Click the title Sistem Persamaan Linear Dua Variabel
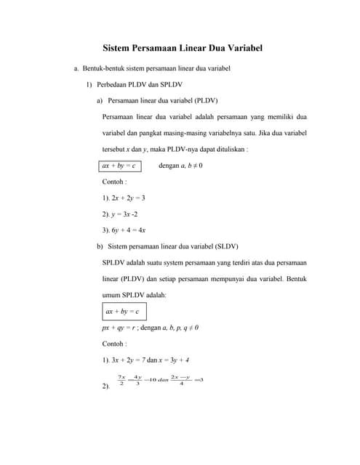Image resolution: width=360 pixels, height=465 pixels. [x=181, y=49]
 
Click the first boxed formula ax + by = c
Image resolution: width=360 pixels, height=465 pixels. [x=119, y=166]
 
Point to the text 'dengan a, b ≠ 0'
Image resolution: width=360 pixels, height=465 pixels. [x=180, y=166]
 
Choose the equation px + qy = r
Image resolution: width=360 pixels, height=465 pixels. [x=119, y=328]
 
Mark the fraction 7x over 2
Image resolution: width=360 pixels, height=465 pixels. [x=121, y=380]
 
